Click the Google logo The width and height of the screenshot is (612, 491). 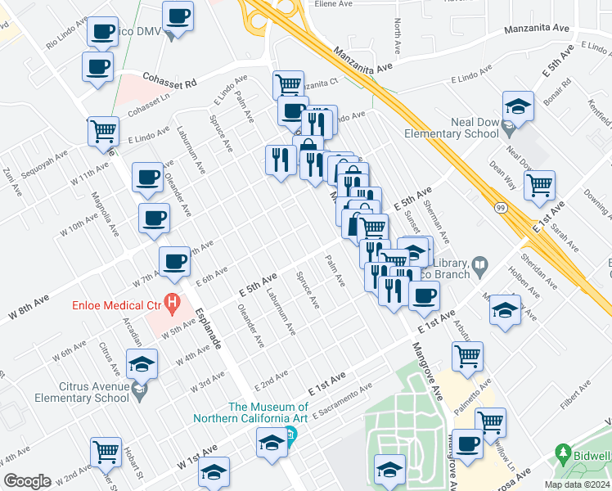(27, 481)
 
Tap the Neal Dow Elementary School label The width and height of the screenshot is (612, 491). (452, 128)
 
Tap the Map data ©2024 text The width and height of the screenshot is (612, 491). (577, 484)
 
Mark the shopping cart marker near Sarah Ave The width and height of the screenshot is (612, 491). (539, 187)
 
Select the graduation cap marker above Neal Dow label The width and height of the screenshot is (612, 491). (516, 108)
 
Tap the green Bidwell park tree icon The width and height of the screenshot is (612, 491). (562, 453)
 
